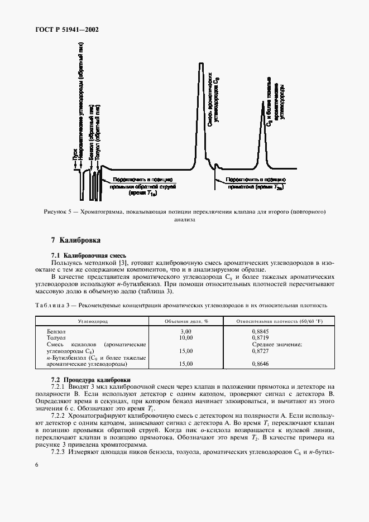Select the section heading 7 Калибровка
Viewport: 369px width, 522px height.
[x=75, y=240]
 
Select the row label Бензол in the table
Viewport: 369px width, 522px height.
[x=58, y=331]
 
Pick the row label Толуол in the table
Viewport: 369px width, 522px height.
[x=59, y=338]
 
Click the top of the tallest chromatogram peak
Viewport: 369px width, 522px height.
[x=202, y=64]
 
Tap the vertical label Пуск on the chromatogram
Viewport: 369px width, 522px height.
[x=74, y=156]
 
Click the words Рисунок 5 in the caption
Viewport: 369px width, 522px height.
[x=57, y=212]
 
